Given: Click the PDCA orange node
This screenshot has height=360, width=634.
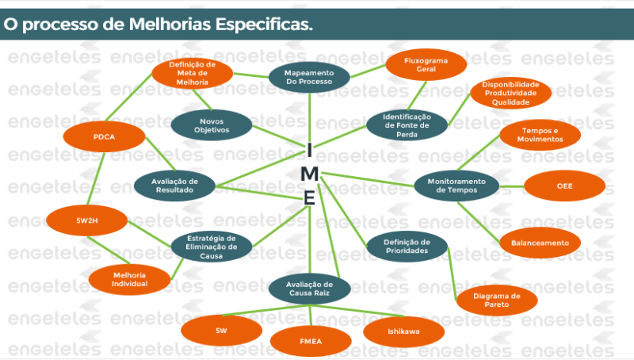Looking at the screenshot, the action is pos(104,136).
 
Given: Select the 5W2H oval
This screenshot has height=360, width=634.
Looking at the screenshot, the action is pos(87,220).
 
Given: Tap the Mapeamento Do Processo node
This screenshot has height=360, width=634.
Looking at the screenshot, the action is pos(309,77).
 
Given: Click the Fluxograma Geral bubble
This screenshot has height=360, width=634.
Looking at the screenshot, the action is pos(426,65).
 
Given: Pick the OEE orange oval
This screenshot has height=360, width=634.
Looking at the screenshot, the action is pos(564,186).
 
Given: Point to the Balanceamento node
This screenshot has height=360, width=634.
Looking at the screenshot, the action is pos(540,243).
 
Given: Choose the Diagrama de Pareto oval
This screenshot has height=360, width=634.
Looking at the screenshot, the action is pos(497,301).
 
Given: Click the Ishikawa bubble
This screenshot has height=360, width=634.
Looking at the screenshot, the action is pos(404,331).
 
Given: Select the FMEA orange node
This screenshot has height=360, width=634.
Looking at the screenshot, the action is pos(311,342).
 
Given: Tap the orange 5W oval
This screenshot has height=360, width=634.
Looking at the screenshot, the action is pos(222,331).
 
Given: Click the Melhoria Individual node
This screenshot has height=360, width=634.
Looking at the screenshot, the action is pos(129,279).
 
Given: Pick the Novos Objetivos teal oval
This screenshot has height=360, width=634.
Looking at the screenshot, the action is pos(212,125).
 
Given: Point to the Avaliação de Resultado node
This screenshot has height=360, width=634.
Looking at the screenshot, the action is pos(174,186).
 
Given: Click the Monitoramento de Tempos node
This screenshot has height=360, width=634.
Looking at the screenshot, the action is pos(457,186).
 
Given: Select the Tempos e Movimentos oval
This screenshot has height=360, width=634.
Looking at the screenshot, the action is pos(540,135).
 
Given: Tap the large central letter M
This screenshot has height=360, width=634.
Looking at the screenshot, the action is pos(310,174).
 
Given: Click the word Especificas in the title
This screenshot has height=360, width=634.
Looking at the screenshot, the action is pos(264,25).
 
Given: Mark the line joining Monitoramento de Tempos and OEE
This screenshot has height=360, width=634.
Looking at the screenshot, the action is pos(512,186).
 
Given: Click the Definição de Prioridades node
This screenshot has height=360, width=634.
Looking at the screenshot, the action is pos(407,247).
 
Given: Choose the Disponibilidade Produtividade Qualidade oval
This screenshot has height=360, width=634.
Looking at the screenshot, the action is pos(510,93).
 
